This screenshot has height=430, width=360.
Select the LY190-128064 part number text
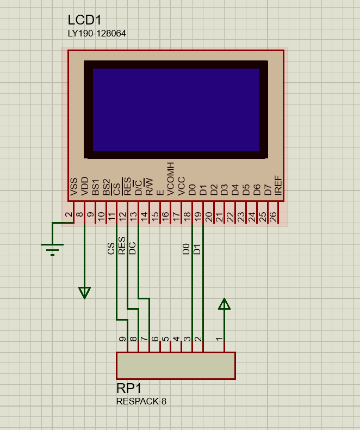click(97, 34)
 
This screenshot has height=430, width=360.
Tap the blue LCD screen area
click(176, 109)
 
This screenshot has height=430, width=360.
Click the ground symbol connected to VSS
click(52, 249)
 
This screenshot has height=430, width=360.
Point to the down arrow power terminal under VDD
click(84, 293)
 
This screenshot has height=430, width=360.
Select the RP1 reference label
click(129, 388)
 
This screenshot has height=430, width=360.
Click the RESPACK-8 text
click(141, 402)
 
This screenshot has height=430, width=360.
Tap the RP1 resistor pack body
click(176, 365)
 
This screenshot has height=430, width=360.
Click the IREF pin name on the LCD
click(278, 187)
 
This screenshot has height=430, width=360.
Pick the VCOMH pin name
click(171, 179)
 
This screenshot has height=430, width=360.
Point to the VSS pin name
click(74, 187)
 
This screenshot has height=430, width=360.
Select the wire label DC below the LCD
click(132, 248)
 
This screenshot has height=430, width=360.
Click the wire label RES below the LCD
click(122, 245)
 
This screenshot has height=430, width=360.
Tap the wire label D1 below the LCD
click(197, 249)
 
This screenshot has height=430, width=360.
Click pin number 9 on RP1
click(122, 339)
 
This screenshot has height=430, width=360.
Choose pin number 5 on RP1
click(165, 339)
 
